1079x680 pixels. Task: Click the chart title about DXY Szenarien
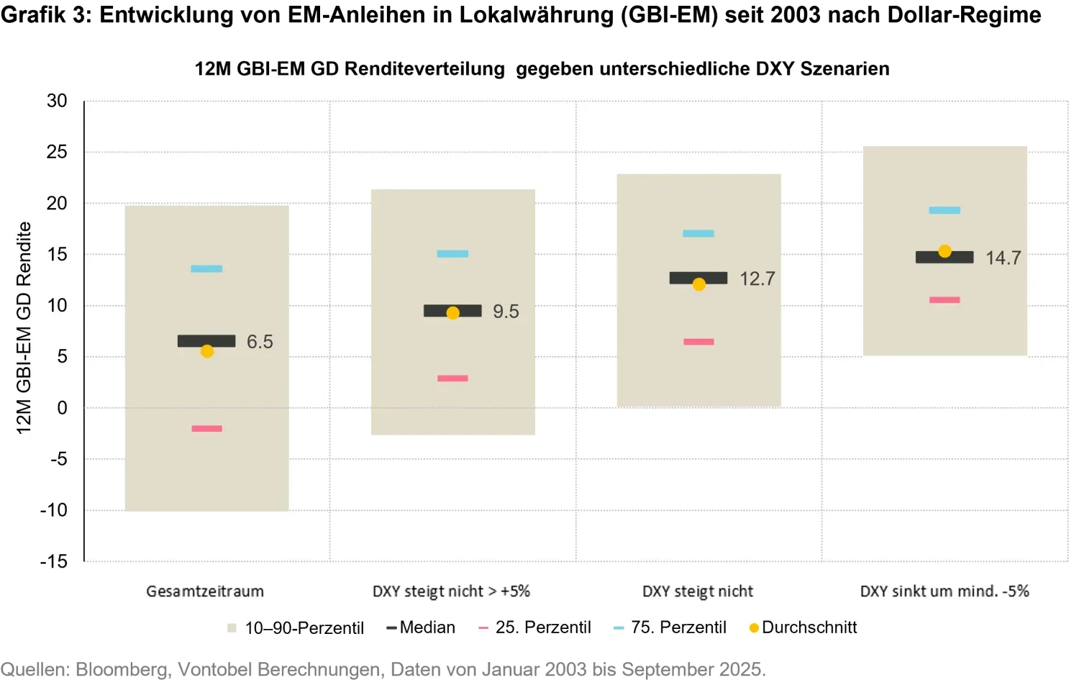coord(542,69)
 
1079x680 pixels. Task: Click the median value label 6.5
coord(260,342)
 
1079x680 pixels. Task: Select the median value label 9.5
coord(506,312)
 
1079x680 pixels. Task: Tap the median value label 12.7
coord(757,279)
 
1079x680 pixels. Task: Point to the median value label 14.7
coord(1003,258)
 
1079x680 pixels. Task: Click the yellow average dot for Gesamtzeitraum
coord(207,351)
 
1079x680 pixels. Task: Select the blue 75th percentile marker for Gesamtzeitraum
coord(206,269)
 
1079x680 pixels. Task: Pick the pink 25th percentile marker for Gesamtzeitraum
coord(206,429)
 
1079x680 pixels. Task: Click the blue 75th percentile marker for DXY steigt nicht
coord(698,234)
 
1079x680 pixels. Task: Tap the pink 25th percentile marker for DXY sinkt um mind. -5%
coord(944,300)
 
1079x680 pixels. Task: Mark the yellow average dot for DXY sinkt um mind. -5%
coord(944,251)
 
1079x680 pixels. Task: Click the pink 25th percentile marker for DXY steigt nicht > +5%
coord(452,378)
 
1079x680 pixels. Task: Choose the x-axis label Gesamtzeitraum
coord(205,591)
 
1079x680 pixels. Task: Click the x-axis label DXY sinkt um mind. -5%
coord(944,591)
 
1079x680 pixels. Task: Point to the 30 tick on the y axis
coord(57,101)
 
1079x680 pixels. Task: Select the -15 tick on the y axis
coord(54,561)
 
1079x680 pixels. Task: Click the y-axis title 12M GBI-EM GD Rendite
coord(24,328)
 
